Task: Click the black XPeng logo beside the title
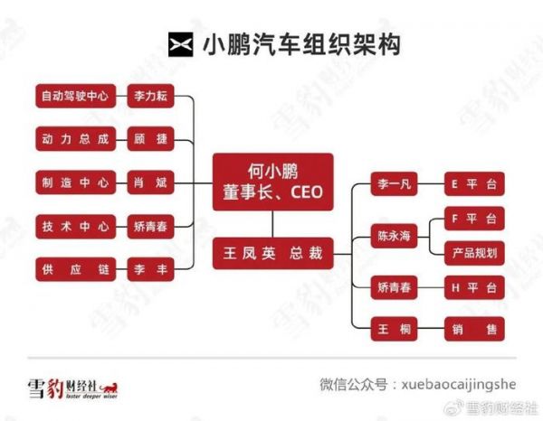coord(180,44)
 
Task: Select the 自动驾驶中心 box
coord(75,96)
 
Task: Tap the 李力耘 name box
coord(150,96)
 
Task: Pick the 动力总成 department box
coord(75,139)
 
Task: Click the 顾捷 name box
coord(150,139)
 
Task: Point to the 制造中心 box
coord(75,182)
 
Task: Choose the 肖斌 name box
coord(150,182)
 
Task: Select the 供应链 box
coord(75,269)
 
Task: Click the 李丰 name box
coord(150,269)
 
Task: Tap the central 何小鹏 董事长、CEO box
coord(273,182)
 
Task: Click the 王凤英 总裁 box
coord(273,253)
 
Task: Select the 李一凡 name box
coord(394,184)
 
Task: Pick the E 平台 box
coord(474,184)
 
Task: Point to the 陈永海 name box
coord(394,236)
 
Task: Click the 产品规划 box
coord(474,253)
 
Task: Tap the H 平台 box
coord(474,287)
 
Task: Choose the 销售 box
coord(474,329)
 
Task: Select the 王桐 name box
coord(394,329)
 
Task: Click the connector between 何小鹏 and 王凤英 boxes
coord(273,224)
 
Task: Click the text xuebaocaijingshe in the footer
coord(459,385)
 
